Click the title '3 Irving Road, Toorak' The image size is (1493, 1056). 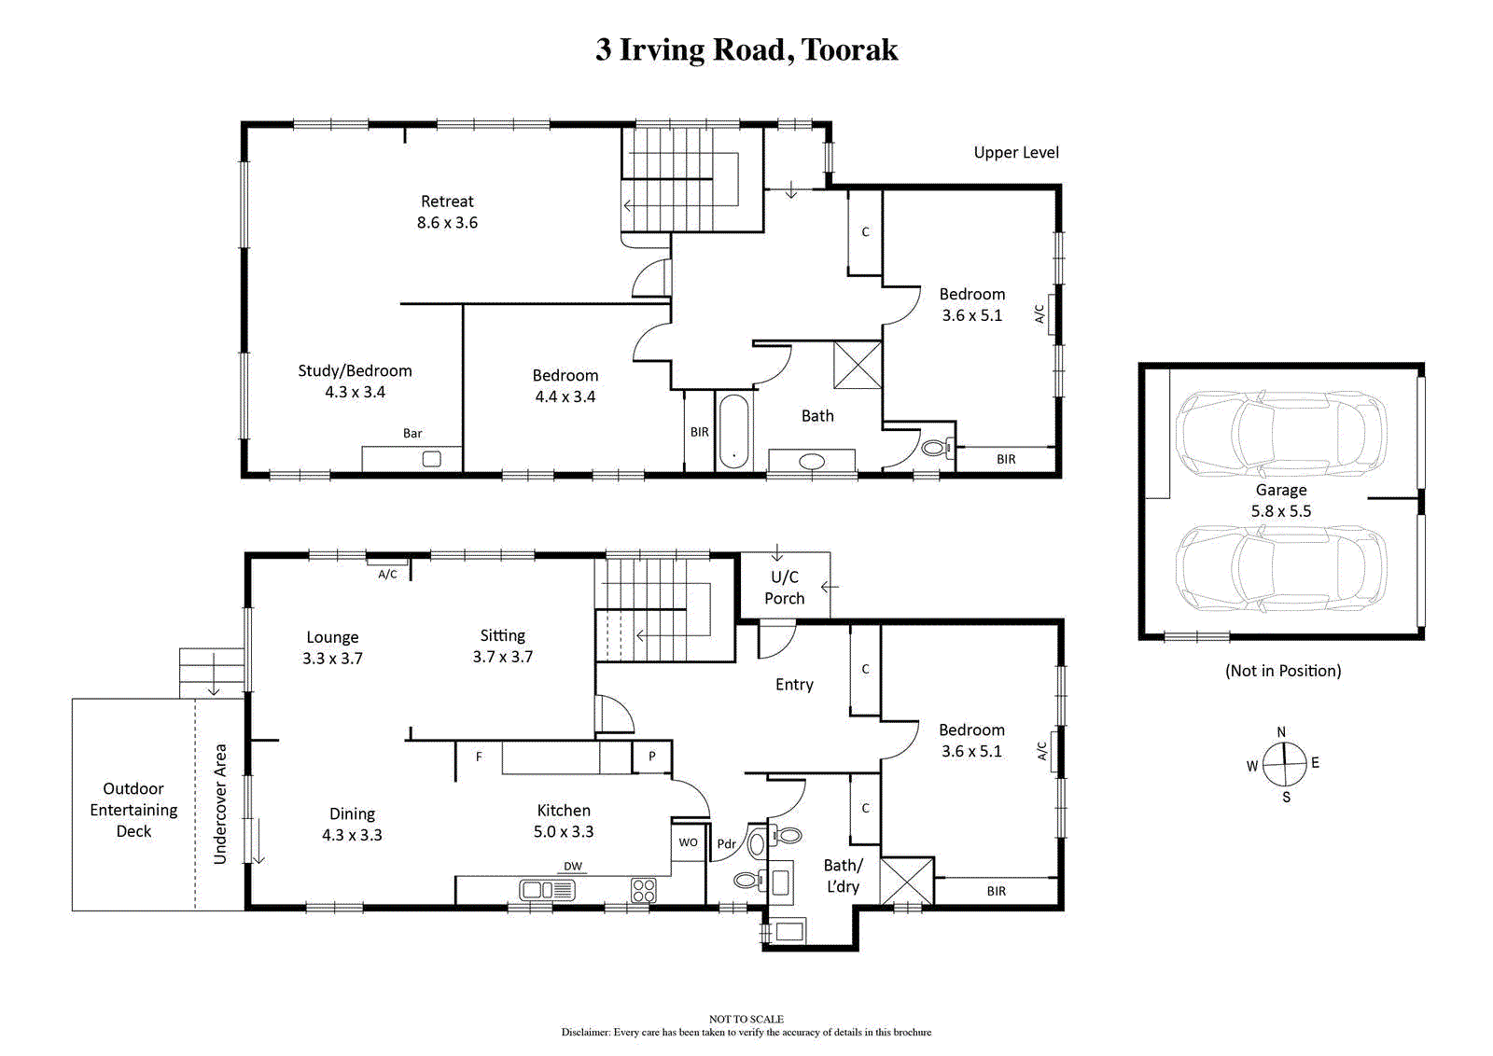coord(746,50)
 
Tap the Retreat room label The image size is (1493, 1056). coord(447,211)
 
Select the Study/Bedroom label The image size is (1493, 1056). coord(355,381)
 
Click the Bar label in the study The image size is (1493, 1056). coord(412,433)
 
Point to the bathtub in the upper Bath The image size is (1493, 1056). coord(733,431)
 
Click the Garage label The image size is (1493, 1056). coord(1281,500)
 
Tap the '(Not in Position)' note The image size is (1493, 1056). coord(1283,670)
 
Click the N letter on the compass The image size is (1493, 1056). coord(1281,731)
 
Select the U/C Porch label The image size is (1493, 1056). coord(785,588)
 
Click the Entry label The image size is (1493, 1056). coord(794,684)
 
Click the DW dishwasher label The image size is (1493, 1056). coord(573,866)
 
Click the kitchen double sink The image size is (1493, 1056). coord(547,890)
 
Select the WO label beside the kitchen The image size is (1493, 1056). coord(688,842)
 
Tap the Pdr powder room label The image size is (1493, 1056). coord(727,844)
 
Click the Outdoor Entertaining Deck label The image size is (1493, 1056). coord(134,810)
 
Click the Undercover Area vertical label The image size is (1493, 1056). coord(220,804)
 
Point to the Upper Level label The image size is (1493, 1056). coord(1016,153)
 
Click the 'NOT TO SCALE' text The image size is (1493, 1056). coord(746,1019)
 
